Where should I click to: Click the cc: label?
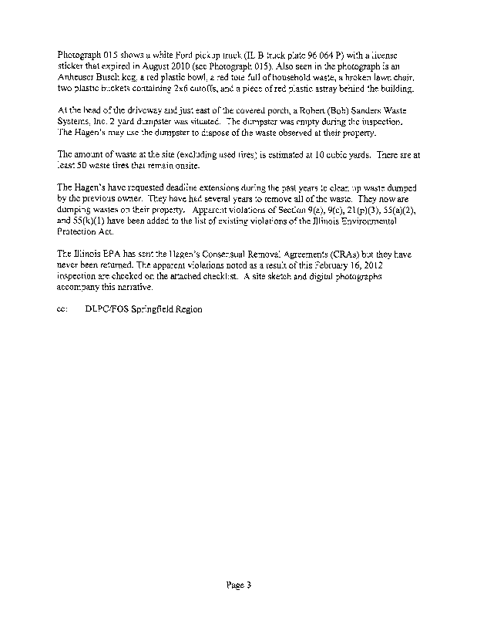point(62,308)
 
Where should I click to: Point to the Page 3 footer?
point(239,585)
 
